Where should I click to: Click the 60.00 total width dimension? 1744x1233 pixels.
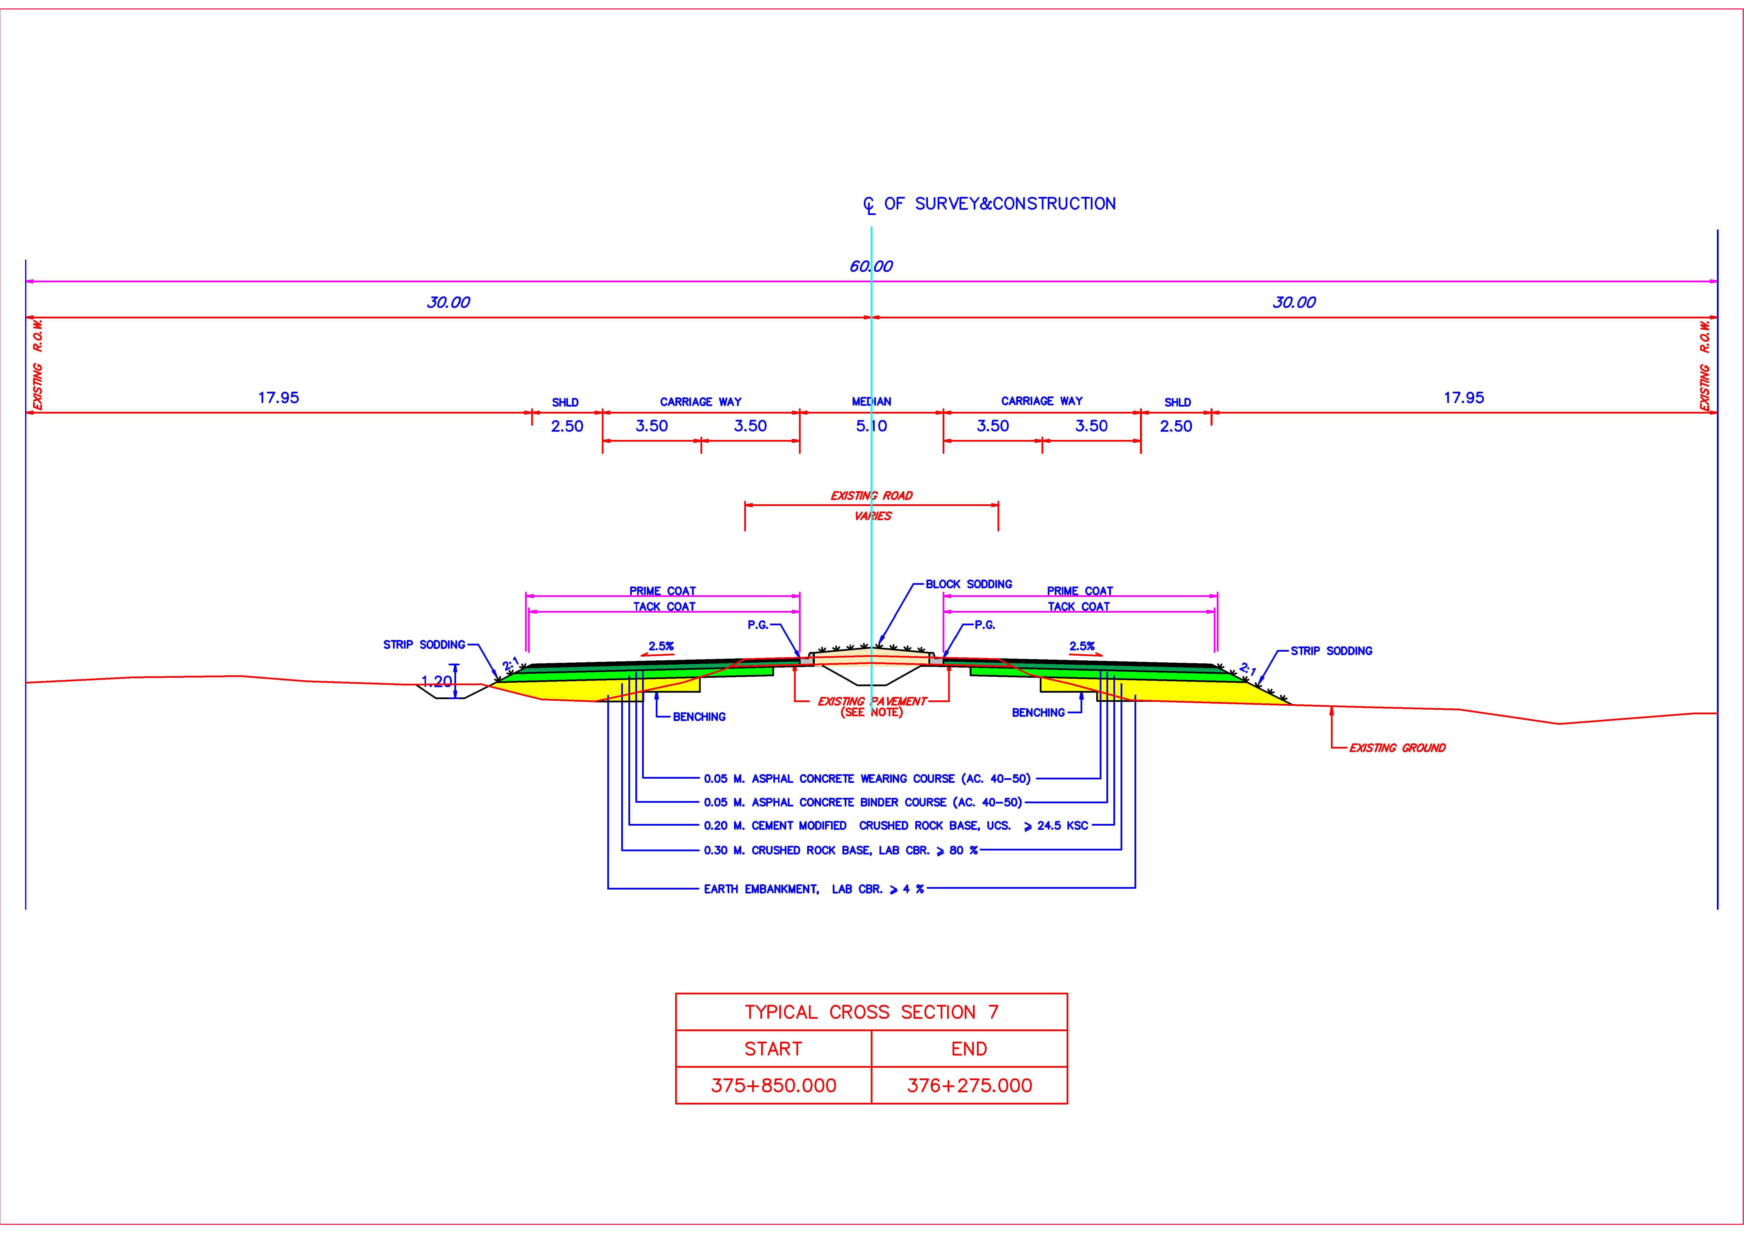click(x=871, y=266)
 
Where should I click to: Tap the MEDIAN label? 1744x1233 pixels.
click(x=871, y=401)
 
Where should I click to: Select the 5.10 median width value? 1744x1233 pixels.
click(x=871, y=426)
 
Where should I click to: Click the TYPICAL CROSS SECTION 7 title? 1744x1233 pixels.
click(x=871, y=1012)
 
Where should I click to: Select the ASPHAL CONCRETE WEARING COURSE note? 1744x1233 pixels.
click(x=867, y=779)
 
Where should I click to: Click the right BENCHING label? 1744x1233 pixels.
click(x=1038, y=713)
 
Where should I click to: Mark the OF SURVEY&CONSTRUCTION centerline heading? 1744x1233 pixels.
click(x=1000, y=204)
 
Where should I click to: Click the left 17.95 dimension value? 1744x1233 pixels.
click(x=279, y=397)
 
